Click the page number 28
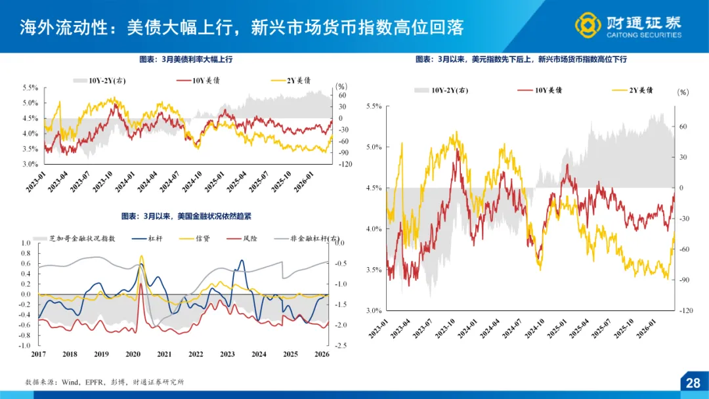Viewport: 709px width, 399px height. tap(693, 383)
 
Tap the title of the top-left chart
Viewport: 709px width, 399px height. tap(186, 59)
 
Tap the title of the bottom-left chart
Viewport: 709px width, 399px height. tap(186, 216)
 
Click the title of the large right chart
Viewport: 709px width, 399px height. tap(521, 59)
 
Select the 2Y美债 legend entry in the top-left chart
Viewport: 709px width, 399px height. tap(291, 80)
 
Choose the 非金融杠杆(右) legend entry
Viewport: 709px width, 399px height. tap(310, 238)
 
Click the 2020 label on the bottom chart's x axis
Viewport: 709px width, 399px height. tap(133, 354)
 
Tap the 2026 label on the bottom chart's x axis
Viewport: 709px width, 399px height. tap(322, 354)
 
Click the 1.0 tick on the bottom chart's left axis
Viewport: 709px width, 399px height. tap(26, 243)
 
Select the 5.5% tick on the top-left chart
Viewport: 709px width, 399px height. tap(30, 87)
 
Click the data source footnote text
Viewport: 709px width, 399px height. tap(105, 381)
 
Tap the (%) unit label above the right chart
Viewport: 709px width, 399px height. tap(683, 93)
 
